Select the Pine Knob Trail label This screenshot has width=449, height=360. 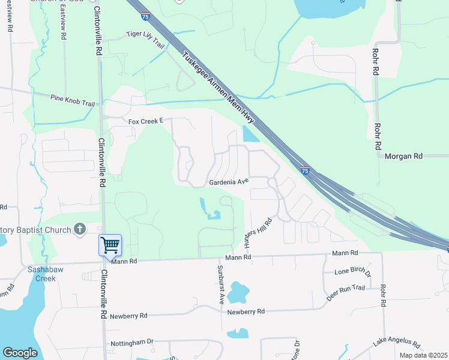click(73, 99)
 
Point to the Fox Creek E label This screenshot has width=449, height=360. click(146, 121)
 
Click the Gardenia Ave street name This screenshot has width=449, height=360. click(228, 181)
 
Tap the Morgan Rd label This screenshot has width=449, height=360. click(405, 156)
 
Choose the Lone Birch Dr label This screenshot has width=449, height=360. click(353, 272)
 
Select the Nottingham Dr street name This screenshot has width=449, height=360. click(132, 343)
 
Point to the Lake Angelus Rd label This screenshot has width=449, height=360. click(397, 343)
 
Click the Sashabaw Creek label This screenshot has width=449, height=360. click(42, 274)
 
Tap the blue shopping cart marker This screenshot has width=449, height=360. click(110, 245)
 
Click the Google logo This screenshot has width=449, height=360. click(20, 353)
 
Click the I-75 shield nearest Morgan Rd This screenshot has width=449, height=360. click(305, 171)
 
